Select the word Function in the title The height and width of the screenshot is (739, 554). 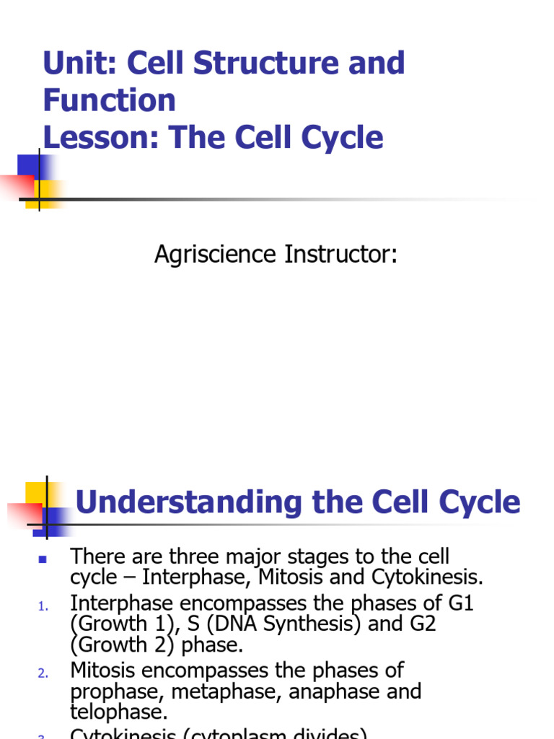[110, 100]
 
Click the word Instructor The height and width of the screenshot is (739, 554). [339, 255]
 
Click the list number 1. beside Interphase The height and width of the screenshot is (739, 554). [43, 607]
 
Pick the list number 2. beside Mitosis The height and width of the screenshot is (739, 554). [43, 674]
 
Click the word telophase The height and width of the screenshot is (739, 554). [118, 713]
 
